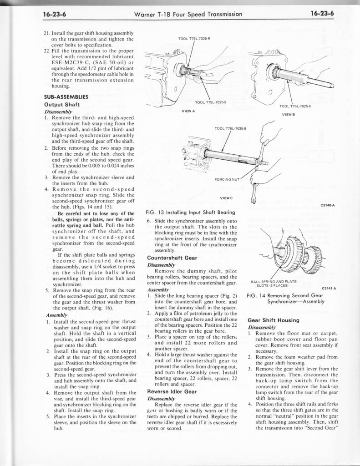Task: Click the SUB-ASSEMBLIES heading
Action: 66,96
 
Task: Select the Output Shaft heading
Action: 61,104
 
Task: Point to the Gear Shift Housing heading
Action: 273,320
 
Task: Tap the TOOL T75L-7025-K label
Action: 294,106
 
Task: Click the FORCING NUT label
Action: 226,179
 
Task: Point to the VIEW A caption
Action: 188,111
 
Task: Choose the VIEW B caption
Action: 289,114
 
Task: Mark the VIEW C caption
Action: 226,198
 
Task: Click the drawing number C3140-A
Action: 328,205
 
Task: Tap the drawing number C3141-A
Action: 329,288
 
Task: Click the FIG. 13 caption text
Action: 190,212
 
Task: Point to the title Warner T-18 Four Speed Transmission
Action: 188,14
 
